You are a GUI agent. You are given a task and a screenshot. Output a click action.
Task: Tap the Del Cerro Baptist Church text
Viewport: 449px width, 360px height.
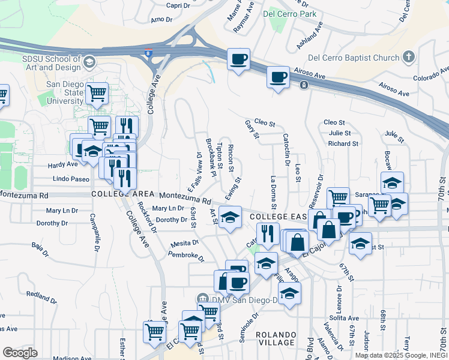click(x=353, y=58)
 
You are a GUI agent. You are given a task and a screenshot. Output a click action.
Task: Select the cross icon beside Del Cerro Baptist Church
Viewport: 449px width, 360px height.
click(x=409, y=57)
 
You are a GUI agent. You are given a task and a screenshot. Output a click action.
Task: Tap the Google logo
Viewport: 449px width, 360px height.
click(x=20, y=352)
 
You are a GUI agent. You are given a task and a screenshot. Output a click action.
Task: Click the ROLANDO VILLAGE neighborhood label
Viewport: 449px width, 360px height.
click(x=276, y=338)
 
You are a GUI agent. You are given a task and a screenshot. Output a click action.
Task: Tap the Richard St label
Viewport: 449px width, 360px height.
click(x=343, y=143)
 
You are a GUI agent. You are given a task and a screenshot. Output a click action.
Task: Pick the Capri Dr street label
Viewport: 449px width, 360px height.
click(x=178, y=5)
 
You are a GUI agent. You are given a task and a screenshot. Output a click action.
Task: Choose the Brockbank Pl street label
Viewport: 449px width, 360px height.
click(x=211, y=157)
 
